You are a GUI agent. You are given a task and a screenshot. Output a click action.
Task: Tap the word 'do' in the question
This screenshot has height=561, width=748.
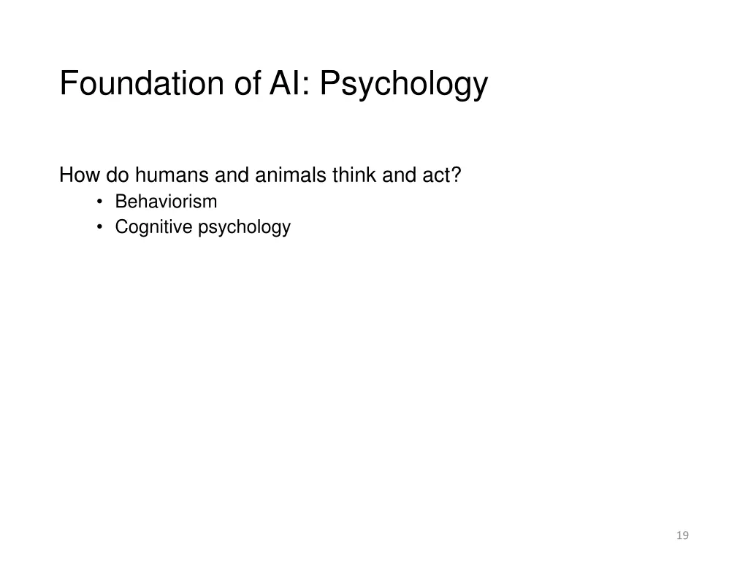coord(118,175)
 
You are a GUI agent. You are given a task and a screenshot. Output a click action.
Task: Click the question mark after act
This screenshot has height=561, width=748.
coord(456,175)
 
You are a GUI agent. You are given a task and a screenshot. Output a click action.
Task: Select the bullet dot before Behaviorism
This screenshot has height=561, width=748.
coord(100,202)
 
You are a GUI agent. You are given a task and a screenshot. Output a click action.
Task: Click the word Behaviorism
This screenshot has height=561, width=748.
coord(166,202)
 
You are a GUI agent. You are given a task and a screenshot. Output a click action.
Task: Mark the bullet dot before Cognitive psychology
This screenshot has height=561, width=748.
coord(100,227)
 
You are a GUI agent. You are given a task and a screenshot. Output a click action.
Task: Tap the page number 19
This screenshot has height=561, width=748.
coord(682,535)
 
